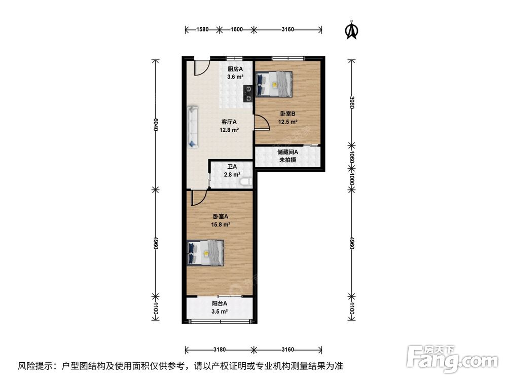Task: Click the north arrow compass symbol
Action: click(352, 30)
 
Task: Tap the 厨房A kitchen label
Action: click(235, 69)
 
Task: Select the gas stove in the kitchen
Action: click(248, 93)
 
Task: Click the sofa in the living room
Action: click(193, 127)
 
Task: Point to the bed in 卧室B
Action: click(274, 84)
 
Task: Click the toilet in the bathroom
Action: click(247, 182)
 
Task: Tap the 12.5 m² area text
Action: click(288, 122)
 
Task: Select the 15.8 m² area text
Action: click(221, 224)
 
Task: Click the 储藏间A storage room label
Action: click(288, 152)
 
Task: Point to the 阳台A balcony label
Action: click(220, 303)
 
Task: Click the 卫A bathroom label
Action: click(232, 167)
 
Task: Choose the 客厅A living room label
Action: click(229, 122)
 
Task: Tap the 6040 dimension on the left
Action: click(156, 125)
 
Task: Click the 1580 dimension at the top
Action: click(202, 30)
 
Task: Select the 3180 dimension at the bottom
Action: click(220, 350)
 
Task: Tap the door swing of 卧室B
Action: click(263, 123)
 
